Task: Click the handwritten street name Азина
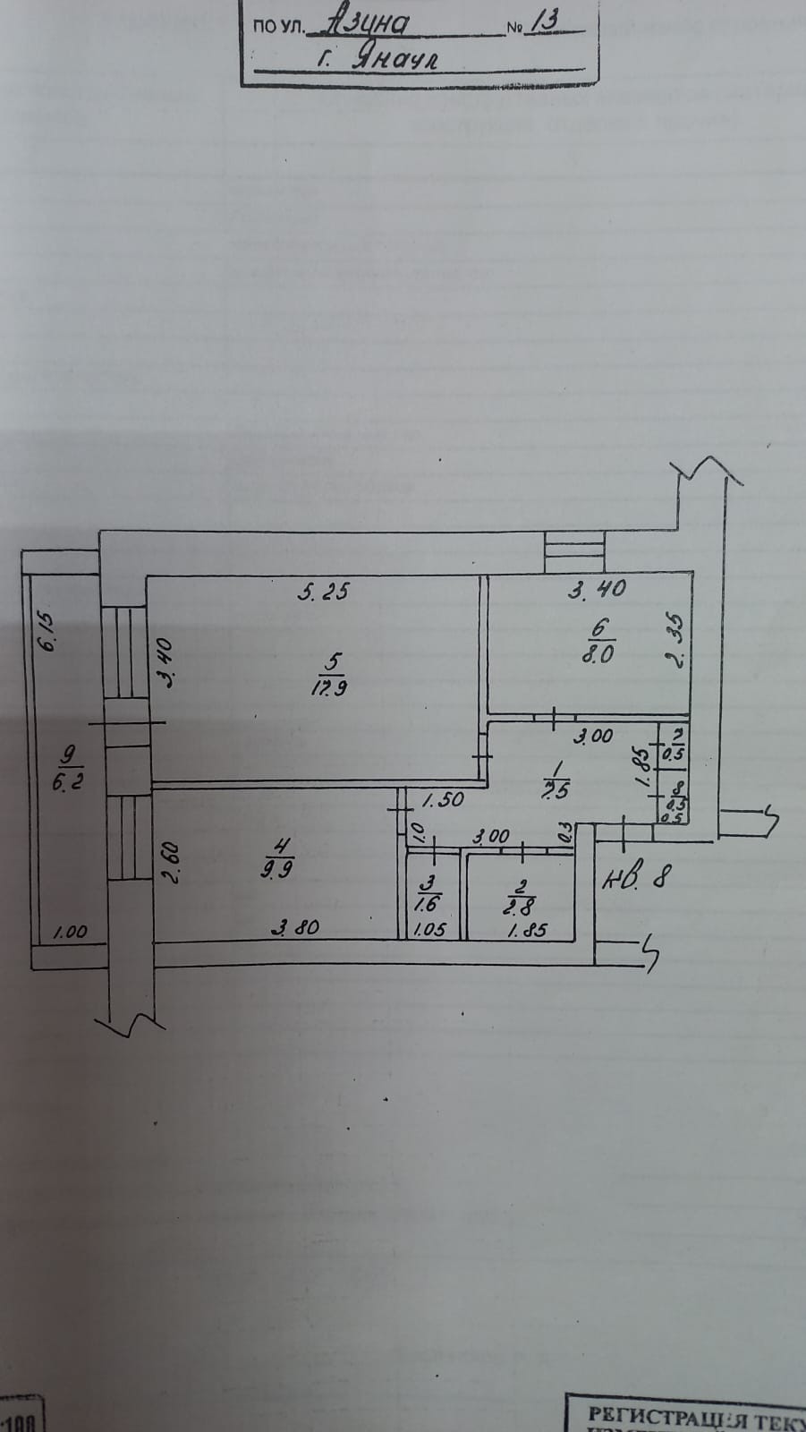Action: [369, 24]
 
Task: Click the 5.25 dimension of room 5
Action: [322, 591]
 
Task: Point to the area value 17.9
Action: [331, 688]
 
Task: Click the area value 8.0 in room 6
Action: [598, 653]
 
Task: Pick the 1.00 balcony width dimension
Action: [70, 932]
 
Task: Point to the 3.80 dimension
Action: [295, 929]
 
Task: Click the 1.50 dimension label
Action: [443, 799]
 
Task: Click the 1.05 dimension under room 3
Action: [429, 931]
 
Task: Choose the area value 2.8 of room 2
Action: [518, 906]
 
